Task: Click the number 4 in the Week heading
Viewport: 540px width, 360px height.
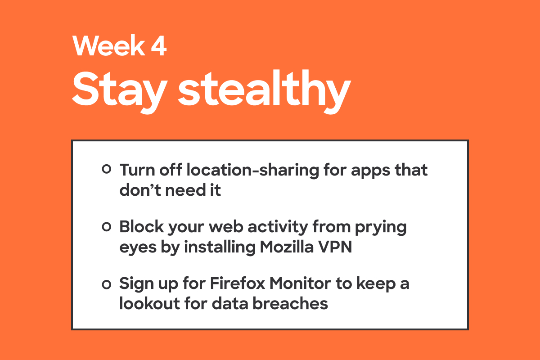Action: click(159, 45)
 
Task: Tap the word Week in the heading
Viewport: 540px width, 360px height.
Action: click(108, 45)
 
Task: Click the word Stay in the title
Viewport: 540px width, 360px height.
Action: click(120, 90)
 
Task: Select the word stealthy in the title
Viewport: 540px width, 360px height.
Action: click(264, 90)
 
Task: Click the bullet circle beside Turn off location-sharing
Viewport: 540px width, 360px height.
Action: click(107, 169)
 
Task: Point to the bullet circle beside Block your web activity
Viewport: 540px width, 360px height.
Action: click(107, 227)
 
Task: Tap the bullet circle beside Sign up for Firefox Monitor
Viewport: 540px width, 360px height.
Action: click(107, 284)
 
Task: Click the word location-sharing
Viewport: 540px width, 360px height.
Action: click(252, 171)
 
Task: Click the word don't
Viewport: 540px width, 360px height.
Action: click(140, 190)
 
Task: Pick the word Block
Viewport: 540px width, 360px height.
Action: click(141, 227)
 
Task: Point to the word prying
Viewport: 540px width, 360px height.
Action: click(381, 228)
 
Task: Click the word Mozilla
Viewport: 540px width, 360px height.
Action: click(287, 247)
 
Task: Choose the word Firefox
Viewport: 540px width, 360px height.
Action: click(238, 283)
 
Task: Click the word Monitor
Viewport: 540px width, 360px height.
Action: click(300, 283)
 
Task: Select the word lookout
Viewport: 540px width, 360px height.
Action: click(150, 303)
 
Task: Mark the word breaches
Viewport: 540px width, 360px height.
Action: click(290, 303)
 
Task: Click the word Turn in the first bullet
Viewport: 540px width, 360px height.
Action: click(137, 170)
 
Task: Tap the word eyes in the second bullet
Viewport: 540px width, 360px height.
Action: click(138, 248)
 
